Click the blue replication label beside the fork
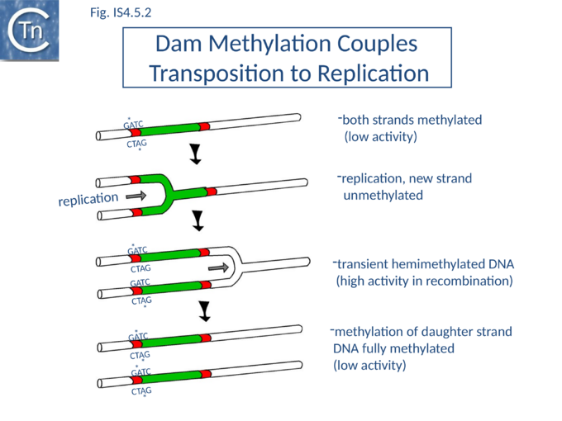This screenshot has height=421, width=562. [x=88, y=199]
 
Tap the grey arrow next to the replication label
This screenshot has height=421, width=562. [x=136, y=196]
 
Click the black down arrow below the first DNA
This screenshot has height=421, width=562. [x=196, y=154]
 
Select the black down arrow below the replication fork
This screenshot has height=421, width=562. [x=198, y=220]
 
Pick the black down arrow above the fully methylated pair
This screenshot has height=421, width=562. [x=204, y=311]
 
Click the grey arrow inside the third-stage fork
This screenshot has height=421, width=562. [x=219, y=267]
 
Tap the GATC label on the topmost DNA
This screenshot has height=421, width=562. [x=133, y=125]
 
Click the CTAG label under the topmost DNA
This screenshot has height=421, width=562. [x=136, y=144]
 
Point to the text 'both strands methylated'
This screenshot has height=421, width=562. [x=412, y=120]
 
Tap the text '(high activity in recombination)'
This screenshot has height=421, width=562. [x=424, y=281]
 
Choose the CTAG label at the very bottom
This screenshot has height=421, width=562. [x=141, y=391]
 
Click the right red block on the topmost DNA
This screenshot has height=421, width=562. [x=204, y=126]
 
